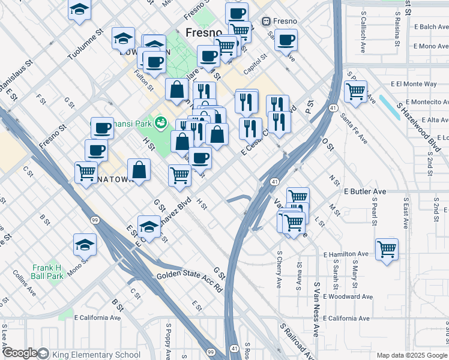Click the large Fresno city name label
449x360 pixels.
tap(204, 33)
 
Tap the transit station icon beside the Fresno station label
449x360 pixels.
tap(266, 22)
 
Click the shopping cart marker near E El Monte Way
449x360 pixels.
tap(356, 92)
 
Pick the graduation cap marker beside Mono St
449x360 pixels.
tap(85, 245)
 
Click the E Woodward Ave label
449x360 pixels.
tap(348, 296)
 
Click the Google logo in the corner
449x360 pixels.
tap(19, 353)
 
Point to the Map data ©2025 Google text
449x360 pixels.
tap(412, 355)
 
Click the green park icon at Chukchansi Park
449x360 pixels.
tap(160, 123)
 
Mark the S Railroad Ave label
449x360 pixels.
tap(298, 341)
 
